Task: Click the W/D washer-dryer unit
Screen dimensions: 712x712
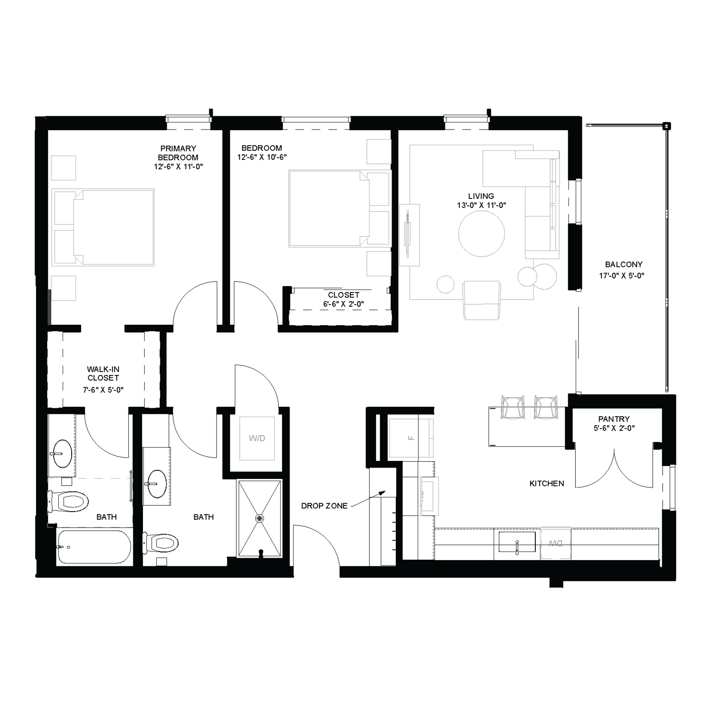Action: point(257,438)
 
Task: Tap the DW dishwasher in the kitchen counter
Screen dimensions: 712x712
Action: point(555,543)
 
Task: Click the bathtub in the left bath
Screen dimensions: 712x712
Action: point(94,547)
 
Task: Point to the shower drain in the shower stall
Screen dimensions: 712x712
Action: point(259,518)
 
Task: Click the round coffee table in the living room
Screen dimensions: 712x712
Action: point(481,234)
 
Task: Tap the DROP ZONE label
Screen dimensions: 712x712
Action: point(324,506)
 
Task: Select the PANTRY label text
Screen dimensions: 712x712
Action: point(614,419)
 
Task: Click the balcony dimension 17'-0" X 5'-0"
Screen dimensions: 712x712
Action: point(624,275)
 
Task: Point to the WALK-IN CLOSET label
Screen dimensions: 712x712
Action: point(103,374)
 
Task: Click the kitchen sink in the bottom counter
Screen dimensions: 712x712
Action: point(516,542)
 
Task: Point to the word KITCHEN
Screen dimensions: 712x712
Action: point(547,484)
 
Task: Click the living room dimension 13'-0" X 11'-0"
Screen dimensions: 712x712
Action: point(481,206)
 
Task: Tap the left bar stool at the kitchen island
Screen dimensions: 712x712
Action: point(513,407)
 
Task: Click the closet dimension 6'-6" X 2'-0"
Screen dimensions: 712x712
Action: point(344,304)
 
